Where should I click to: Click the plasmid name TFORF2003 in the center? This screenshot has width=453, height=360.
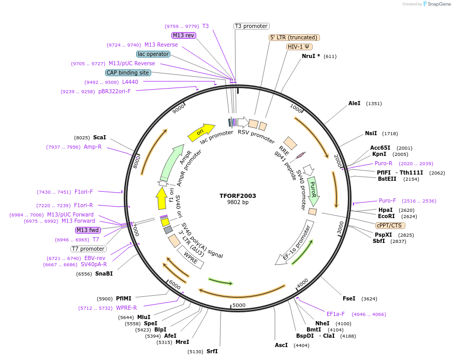point(238,196)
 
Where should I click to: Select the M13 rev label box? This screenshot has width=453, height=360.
point(184,35)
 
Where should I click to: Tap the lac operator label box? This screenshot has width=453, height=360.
point(153,54)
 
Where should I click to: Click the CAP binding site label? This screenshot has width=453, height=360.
point(128,73)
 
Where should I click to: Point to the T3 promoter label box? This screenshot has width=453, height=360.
point(251,26)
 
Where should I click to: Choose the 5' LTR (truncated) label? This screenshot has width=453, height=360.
point(294,37)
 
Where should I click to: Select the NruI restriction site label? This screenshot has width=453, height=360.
point(311,56)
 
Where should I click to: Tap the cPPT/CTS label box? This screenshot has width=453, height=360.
point(390,225)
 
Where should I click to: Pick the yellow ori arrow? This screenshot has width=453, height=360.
point(201,133)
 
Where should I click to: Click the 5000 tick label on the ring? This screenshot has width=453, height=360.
point(239,305)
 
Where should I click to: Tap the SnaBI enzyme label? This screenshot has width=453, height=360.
point(104,273)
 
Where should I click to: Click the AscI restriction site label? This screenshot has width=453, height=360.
point(281,345)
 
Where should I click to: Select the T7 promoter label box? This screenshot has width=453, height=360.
point(89,249)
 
